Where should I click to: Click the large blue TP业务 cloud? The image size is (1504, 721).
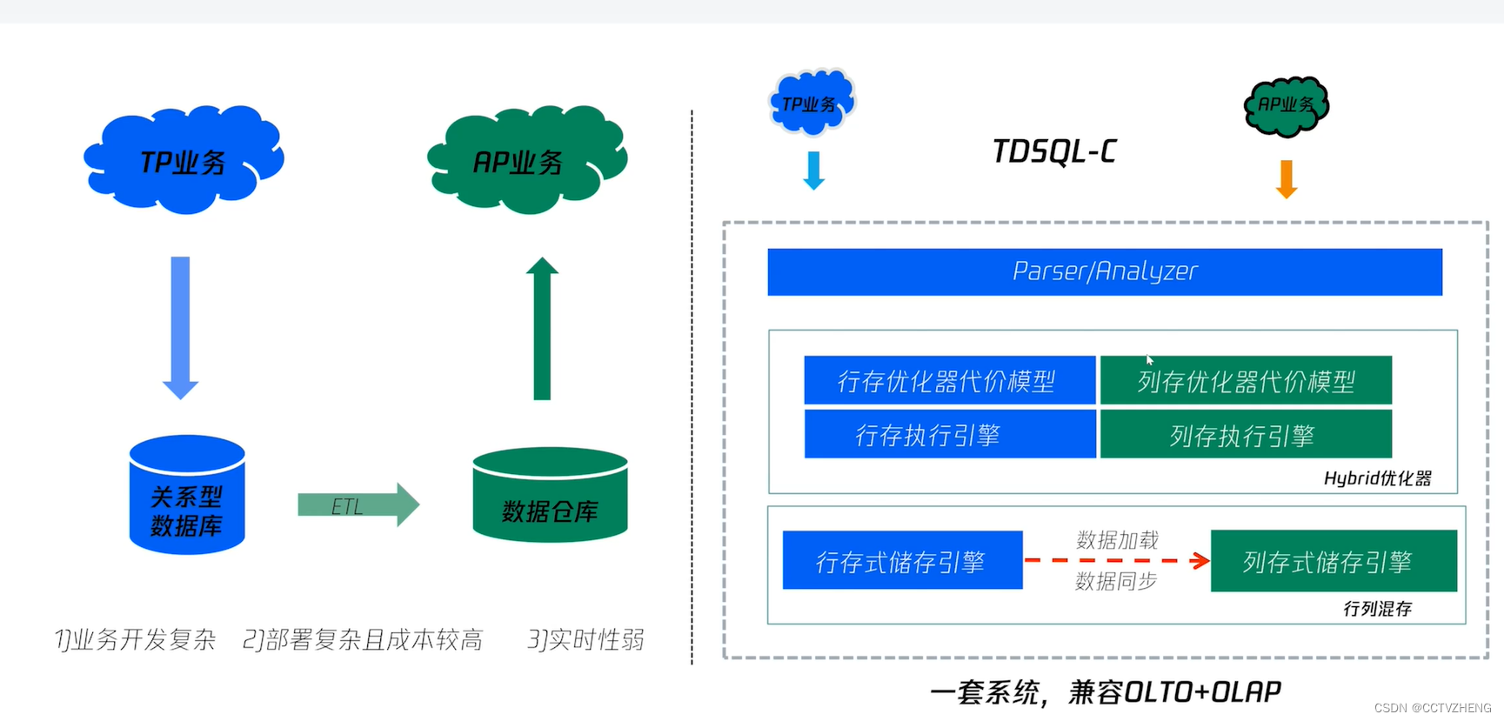click(184, 161)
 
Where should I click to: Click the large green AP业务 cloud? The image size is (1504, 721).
click(526, 161)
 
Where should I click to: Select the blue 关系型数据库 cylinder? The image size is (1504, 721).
click(187, 496)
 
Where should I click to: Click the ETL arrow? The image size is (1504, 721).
click(358, 505)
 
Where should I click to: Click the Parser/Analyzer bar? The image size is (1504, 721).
click(1104, 272)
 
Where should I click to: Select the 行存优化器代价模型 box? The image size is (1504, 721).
click(949, 381)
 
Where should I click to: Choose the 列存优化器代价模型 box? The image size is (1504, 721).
click(1246, 381)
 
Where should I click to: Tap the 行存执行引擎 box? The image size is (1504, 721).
click(949, 435)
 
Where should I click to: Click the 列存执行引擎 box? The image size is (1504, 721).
click(1246, 435)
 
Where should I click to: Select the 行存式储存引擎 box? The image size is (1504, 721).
click(902, 561)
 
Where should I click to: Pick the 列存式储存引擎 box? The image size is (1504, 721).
click(1333, 562)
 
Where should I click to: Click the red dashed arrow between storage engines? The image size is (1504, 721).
click(1117, 561)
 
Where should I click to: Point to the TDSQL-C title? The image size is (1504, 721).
click(1054, 152)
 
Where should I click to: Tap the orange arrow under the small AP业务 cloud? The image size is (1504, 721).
click(1287, 179)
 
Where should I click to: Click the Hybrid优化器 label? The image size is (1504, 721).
click(1377, 478)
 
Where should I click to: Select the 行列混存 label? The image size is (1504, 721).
click(1377, 609)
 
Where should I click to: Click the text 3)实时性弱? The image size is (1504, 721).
click(585, 640)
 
